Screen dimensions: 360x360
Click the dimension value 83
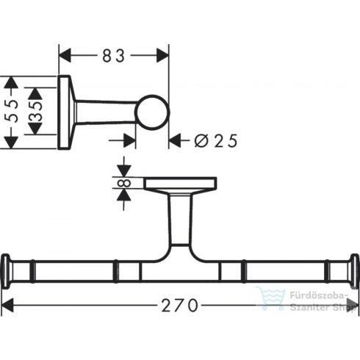[x=113, y=56]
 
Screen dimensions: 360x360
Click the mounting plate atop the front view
[x=180, y=183]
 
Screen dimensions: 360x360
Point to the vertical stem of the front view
[x=179, y=220]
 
